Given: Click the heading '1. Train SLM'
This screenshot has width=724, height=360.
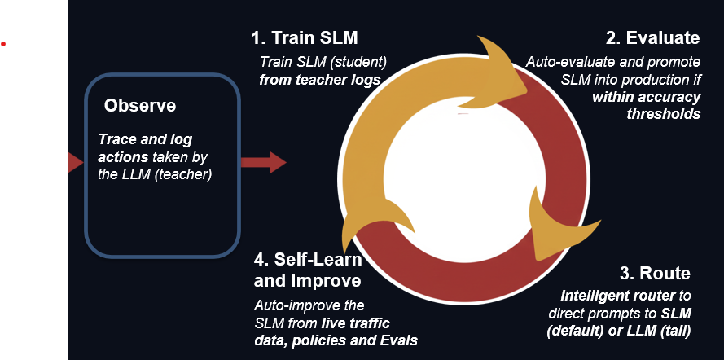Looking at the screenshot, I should click(304, 38).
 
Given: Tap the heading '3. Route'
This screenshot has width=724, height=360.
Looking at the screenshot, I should click(654, 274).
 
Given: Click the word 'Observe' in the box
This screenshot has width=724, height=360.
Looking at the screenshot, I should click(139, 106).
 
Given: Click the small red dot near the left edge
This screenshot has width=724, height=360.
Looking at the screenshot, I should click(3, 43).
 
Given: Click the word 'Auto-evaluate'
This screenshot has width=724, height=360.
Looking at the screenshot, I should click(566, 62).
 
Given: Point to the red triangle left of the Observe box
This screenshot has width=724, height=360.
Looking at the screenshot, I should click(75, 162).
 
